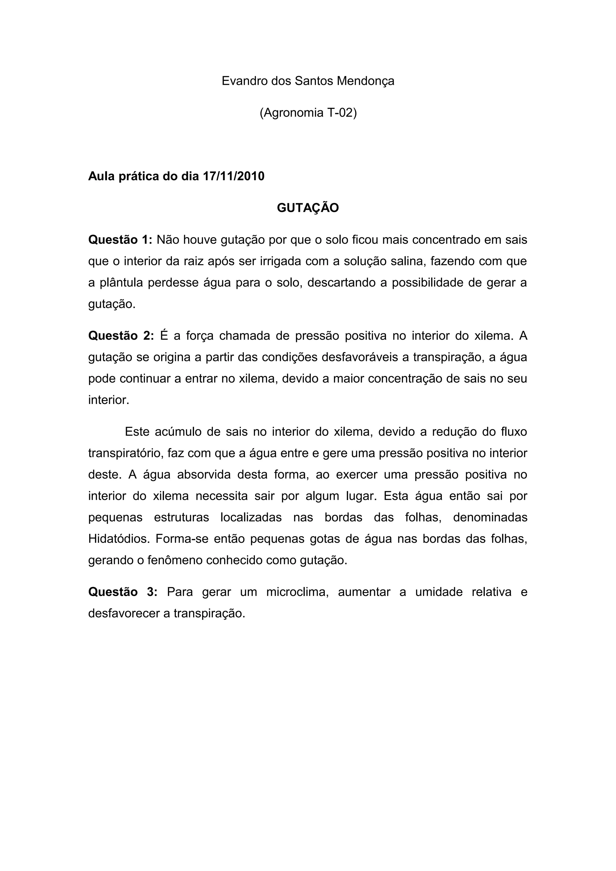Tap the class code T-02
[x=341, y=113]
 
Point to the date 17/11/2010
[x=234, y=176]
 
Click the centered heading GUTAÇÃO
[x=308, y=208]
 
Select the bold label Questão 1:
[x=120, y=240]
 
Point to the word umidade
[x=439, y=592]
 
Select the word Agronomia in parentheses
[x=291, y=113]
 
